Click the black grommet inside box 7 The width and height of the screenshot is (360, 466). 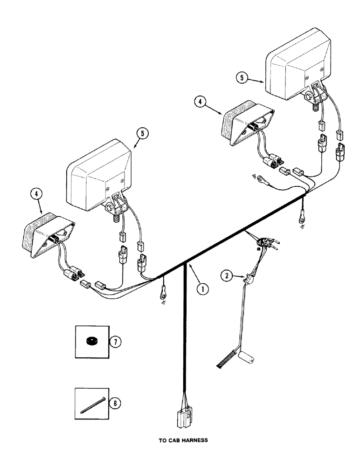(x=92, y=342)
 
